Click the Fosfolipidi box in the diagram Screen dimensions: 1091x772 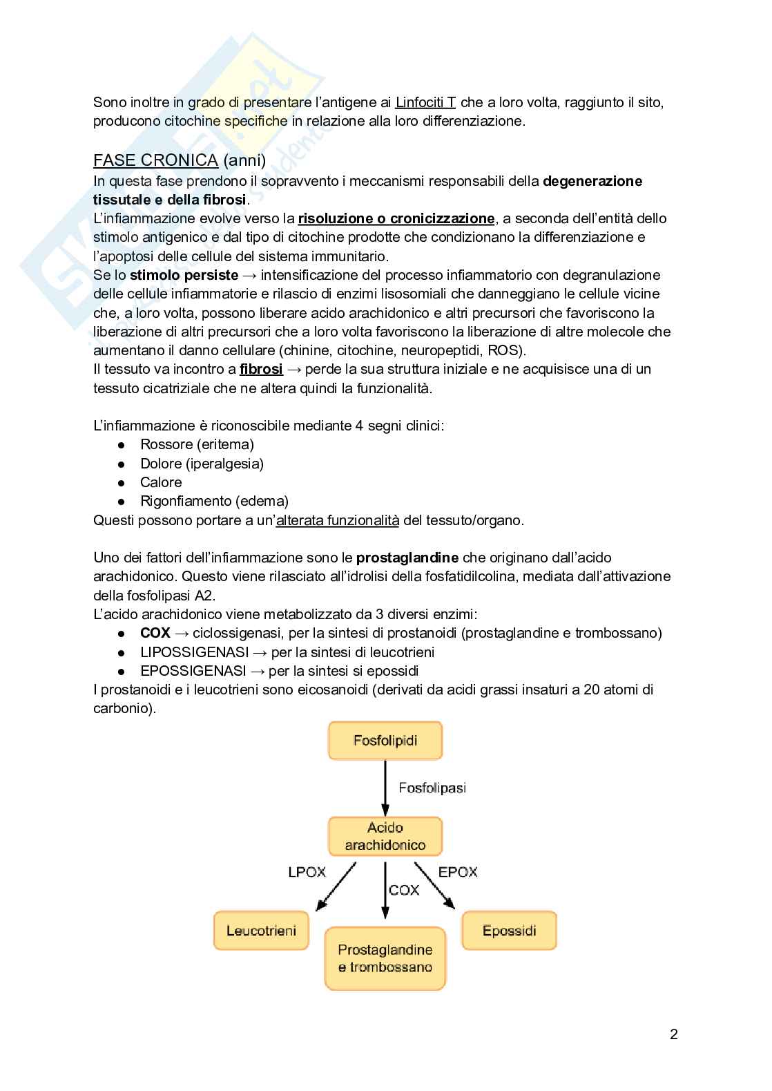(x=385, y=741)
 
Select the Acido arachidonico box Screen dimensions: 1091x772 (x=385, y=836)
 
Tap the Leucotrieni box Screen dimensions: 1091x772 (x=261, y=930)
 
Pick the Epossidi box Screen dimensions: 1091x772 (x=509, y=930)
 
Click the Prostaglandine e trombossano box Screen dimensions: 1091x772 (x=385, y=958)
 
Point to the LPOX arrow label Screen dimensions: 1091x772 (x=307, y=872)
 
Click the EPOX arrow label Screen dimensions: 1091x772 (x=458, y=872)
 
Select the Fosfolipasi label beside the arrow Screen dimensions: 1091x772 (x=432, y=788)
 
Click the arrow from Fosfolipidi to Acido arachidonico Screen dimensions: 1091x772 (x=385, y=788)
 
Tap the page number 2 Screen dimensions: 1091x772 (x=674, y=1034)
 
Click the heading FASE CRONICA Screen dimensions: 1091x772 (x=155, y=160)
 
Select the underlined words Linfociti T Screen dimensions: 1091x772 (x=425, y=102)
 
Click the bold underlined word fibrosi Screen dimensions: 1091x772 (x=261, y=369)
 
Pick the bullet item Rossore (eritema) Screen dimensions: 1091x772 (x=197, y=444)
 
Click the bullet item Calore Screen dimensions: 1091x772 (x=161, y=482)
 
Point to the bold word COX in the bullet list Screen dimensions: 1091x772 (x=155, y=633)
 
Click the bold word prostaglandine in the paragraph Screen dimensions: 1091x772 (x=407, y=558)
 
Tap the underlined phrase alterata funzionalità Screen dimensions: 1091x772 (x=337, y=520)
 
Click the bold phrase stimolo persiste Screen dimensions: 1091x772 (x=184, y=275)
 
